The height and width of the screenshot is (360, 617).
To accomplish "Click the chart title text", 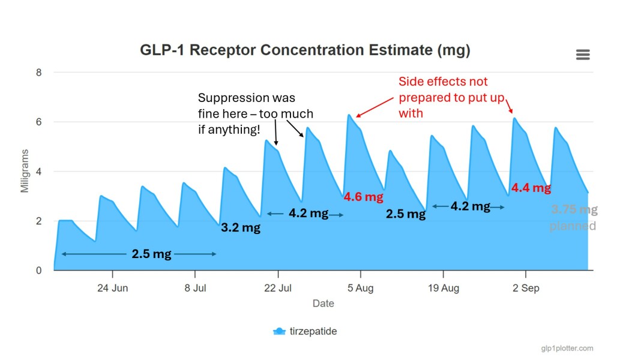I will point(305,50).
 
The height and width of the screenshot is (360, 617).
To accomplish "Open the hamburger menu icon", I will point(582,55).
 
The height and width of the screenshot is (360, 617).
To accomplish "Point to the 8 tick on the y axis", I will point(39,73).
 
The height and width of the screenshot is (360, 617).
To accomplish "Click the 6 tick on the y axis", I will point(39,122).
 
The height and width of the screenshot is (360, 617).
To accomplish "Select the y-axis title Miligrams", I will point(25,172).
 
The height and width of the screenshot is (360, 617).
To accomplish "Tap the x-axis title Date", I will point(323,304).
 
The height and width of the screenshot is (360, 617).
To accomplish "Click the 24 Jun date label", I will point(112,289).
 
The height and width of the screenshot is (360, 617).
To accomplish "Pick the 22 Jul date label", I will point(277,289).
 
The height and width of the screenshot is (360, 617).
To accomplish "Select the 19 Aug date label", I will point(443,289).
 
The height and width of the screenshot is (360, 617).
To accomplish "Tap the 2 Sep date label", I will point(525,289).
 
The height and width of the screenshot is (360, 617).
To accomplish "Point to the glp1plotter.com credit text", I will point(567,348).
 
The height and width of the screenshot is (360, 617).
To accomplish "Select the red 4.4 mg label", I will point(531,188).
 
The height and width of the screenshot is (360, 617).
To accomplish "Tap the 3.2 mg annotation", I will point(241,228).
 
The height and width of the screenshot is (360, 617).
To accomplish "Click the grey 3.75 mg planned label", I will point(574,218).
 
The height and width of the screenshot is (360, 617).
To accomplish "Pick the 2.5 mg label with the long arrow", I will point(151,254).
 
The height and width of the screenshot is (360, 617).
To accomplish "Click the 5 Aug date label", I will point(360,289).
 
